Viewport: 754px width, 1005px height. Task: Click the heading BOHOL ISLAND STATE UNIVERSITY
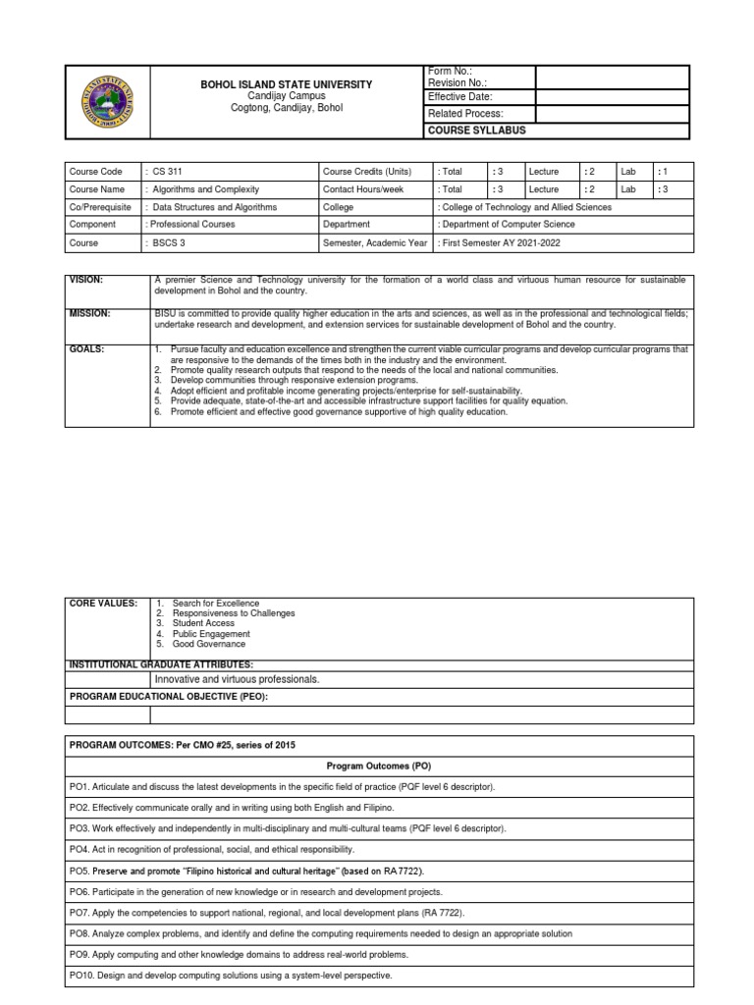(x=287, y=85)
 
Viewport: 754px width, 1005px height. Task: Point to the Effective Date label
(x=459, y=97)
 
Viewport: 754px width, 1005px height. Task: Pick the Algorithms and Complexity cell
(x=209, y=189)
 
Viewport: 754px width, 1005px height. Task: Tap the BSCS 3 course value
(x=168, y=242)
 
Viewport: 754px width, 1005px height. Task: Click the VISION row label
(x=86, y=281)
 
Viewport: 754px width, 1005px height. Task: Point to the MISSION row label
(x=89, y=313)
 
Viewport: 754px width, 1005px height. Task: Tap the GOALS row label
(x=85, y=348)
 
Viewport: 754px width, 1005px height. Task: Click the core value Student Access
(x=202, y=623)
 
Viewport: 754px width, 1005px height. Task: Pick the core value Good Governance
(x=208, y=644)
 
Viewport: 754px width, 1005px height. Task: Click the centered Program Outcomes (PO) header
(x=379, y=765)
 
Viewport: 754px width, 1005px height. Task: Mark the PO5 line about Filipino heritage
(x=239, y=871)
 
